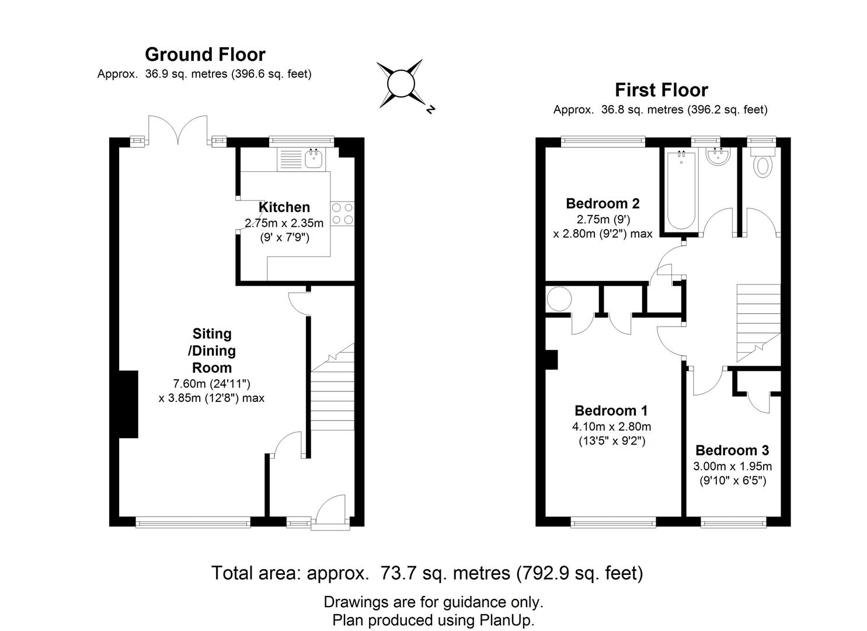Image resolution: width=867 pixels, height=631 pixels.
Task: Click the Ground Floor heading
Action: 205,54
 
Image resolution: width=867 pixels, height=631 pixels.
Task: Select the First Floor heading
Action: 661,90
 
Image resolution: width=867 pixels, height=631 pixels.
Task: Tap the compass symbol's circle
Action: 401,84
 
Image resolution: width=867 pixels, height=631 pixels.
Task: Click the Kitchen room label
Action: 284,207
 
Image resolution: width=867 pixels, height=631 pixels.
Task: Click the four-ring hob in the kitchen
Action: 343,213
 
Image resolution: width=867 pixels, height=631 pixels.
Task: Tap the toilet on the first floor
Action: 762,162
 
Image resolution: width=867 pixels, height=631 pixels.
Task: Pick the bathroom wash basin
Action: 718,157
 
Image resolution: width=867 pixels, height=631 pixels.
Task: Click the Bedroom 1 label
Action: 611,410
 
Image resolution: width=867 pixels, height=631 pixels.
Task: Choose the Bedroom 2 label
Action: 603,203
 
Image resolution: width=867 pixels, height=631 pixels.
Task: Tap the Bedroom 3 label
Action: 732,450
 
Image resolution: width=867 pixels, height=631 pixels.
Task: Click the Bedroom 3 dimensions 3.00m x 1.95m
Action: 732,466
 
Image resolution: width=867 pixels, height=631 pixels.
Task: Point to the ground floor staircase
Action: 332,387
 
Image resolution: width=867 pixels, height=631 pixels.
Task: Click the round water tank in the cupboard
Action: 559,299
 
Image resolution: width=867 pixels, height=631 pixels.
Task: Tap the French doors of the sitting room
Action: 178,130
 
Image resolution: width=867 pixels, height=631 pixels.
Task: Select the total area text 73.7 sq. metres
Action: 445,573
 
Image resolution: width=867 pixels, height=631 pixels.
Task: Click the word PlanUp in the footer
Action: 506,620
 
